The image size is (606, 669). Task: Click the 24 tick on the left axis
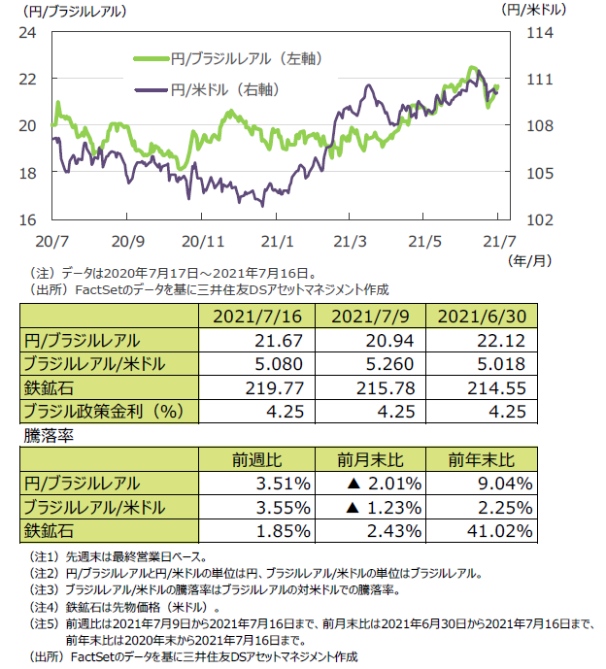[28, 32]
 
